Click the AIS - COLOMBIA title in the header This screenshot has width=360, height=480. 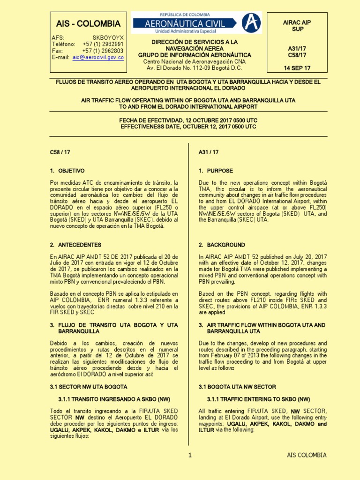point(88,24)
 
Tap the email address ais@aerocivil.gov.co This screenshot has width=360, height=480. point(98,58)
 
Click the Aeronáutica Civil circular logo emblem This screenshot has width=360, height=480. point(252,22)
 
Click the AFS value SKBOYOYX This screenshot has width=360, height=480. point(108,37)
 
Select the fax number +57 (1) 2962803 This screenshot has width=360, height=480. point(103,51)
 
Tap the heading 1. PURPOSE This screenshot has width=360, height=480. point(216,171)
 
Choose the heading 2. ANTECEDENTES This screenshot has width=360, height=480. point(75,245)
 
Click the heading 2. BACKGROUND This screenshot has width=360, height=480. point(222,245)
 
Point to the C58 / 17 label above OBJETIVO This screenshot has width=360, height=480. point(60,152)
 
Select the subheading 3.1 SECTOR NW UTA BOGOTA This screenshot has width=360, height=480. point(89,387)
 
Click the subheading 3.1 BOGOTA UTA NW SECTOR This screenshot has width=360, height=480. point(237,387)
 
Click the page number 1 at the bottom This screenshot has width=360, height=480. point(190,455)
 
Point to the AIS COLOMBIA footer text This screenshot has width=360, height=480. point(307,455)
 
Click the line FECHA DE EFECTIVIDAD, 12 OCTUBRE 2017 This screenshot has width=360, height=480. point(188,120)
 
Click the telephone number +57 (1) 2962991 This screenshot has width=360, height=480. point(103,44)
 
